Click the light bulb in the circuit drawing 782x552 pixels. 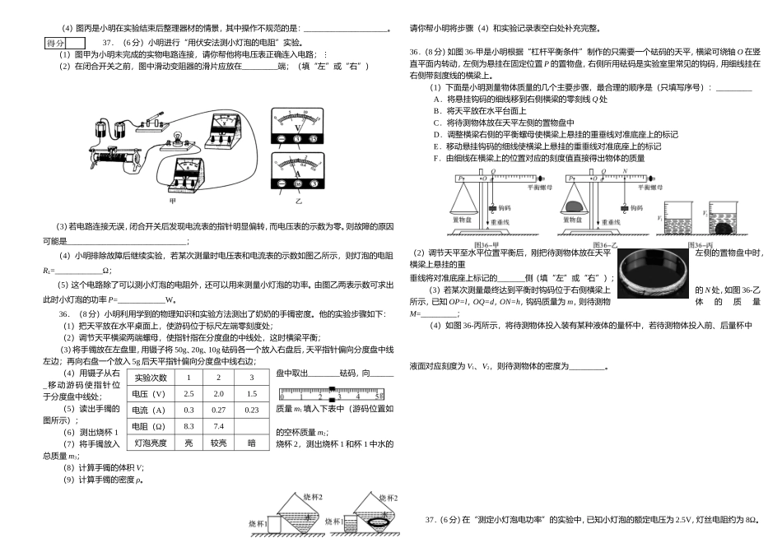[x=175, y=135]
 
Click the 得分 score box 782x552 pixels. [x=56, y=42]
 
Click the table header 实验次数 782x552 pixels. [x=151, y=378]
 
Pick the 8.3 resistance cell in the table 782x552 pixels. [x=189, y=426]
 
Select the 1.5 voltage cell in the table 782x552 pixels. [x=252, y=394]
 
